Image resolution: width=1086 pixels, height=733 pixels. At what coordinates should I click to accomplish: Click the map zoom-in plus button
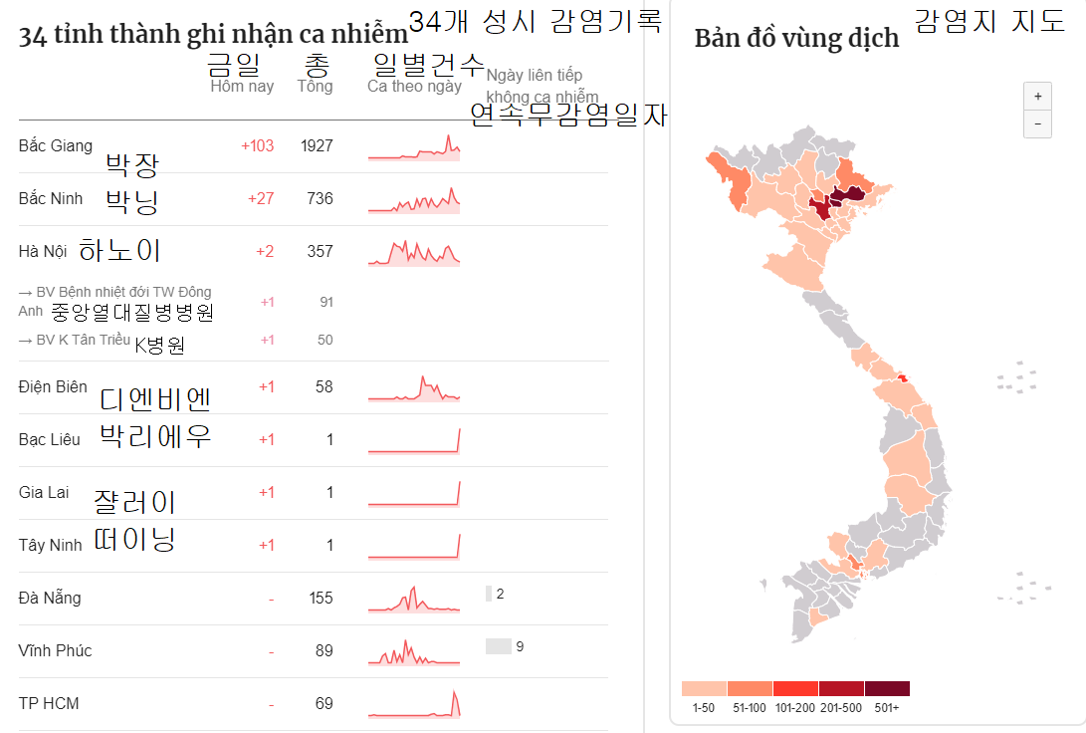pyautogui.click(x=1036, y=97)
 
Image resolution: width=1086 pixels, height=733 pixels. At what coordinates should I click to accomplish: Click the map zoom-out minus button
pyautogui.click(x=1036, y=123)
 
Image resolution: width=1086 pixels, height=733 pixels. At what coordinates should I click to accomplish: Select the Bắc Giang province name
pyautogui.click(x=55, y=146)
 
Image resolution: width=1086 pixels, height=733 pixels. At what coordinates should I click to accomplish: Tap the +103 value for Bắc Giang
pyautogui.click(x=257, y=146)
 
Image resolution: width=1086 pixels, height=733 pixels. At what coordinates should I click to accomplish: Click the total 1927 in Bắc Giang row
pyautogui.click(x=317, y=146)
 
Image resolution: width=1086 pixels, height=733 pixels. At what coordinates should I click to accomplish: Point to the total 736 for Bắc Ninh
pyautogui.click(x=320, y=199)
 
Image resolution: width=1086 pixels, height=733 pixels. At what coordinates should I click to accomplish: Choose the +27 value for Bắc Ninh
pyautogui.click(x=260, y=199)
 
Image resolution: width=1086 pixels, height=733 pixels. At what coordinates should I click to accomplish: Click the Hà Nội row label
pyautogui.click(x=42, y=252)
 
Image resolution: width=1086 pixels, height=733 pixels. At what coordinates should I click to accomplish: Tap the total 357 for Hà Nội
pyautogui.click(x=320, y=252)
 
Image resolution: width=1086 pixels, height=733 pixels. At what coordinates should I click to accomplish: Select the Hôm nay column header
pyautogui.click(x=242, y=87)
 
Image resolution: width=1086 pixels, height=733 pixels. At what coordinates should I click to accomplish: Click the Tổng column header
pyautogui.click(x=315, y=87)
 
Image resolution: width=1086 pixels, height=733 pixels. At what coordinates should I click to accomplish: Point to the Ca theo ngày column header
pyautogui.click(x=414, y=87)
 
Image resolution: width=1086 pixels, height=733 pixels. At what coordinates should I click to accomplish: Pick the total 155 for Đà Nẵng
pyautogui.click(x=320, y=599)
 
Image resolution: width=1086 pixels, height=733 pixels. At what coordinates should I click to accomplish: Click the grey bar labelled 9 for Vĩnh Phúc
pyautogui.click(x=498, y=646)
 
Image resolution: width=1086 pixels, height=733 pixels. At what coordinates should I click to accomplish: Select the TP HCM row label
pyautogui.click(x=49, y=704)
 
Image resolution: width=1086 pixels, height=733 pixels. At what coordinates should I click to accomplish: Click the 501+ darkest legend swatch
pyautogui.click(x=887, y=688)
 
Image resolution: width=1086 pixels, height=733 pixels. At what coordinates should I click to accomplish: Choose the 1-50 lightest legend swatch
pyautogui.click(x=704, y=688)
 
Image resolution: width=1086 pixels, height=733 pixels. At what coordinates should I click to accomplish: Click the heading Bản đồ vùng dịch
pyautogui.click(x=796, y=39)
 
